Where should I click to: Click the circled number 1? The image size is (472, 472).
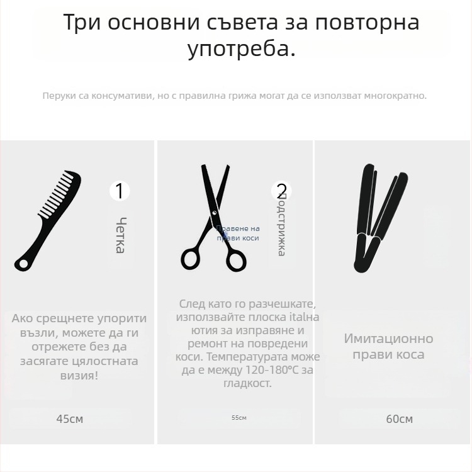tap(120, 191)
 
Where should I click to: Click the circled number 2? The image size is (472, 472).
tap(281, 191)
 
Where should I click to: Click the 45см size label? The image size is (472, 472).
tap(69, 419)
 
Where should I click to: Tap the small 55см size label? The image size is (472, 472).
tap(239, 418)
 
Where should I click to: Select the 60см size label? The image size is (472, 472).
tap(399, 419)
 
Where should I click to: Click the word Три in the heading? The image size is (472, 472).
tap(82, 22)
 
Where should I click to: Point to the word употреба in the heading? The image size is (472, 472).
tap(241, 48)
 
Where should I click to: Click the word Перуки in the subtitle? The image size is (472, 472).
tap(57, 96)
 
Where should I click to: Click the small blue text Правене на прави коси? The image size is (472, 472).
tap(238, 233)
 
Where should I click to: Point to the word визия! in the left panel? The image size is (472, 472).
tap(79, 375)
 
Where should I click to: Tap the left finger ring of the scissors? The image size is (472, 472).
tap(191, 258)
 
